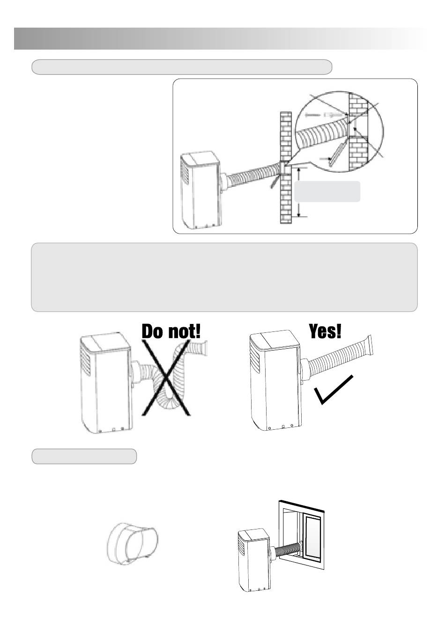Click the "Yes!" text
pyautogui.click(x=325, y=331)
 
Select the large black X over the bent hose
pyautogui.click(x=166, y=378)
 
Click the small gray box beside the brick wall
pyautogui.click(x=327, y=191)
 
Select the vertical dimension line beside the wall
pyautogui.click(x=298, y=192)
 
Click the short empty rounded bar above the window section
pyautogui.click(x=84, y=456)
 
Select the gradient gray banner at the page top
pyautogui.click(x=220, y=38)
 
